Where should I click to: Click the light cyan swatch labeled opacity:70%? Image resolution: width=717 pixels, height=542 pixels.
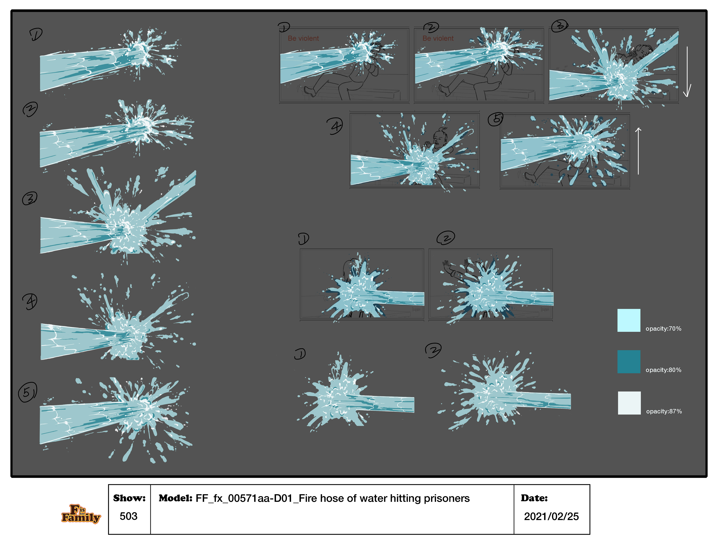point(628,320)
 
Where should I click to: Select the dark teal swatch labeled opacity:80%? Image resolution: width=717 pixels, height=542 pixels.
point(628,362)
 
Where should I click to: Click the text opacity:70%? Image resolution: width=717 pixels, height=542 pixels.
point(663,329)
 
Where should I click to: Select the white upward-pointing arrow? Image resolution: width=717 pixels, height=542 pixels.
point(638,151)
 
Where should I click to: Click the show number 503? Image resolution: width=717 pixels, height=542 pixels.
point(128,516)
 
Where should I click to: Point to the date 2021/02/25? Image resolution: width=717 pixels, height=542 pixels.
point(551,516)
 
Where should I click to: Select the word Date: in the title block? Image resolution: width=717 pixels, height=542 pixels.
point(534,498)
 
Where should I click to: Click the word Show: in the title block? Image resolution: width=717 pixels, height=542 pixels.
point(129,498)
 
